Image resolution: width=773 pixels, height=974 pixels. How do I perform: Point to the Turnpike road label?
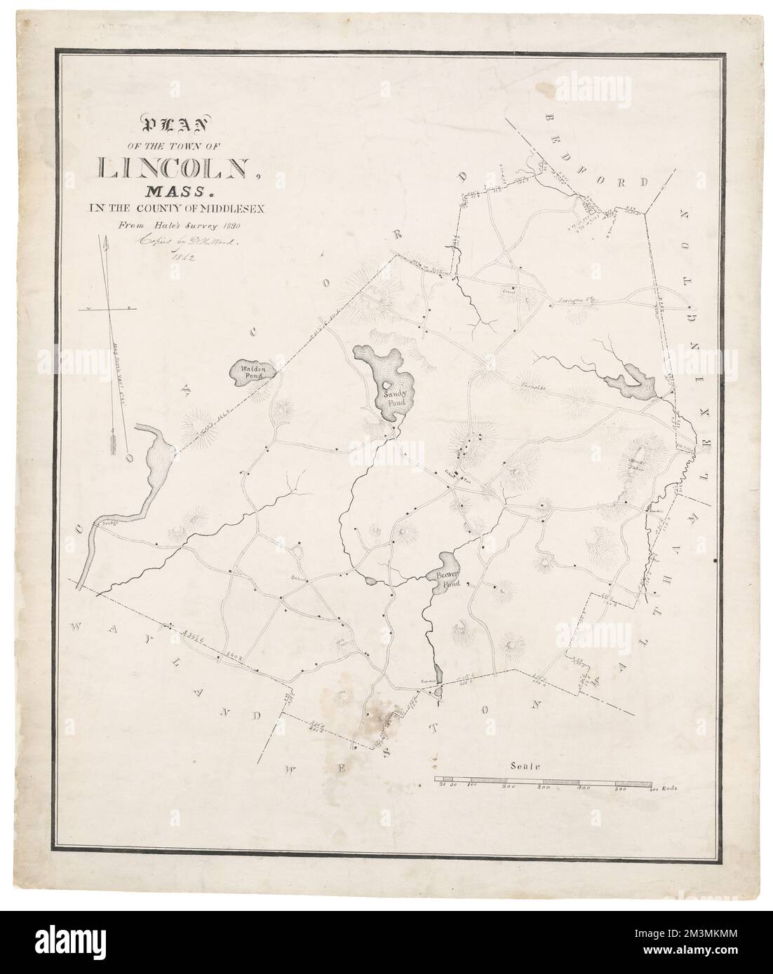[532, 385]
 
